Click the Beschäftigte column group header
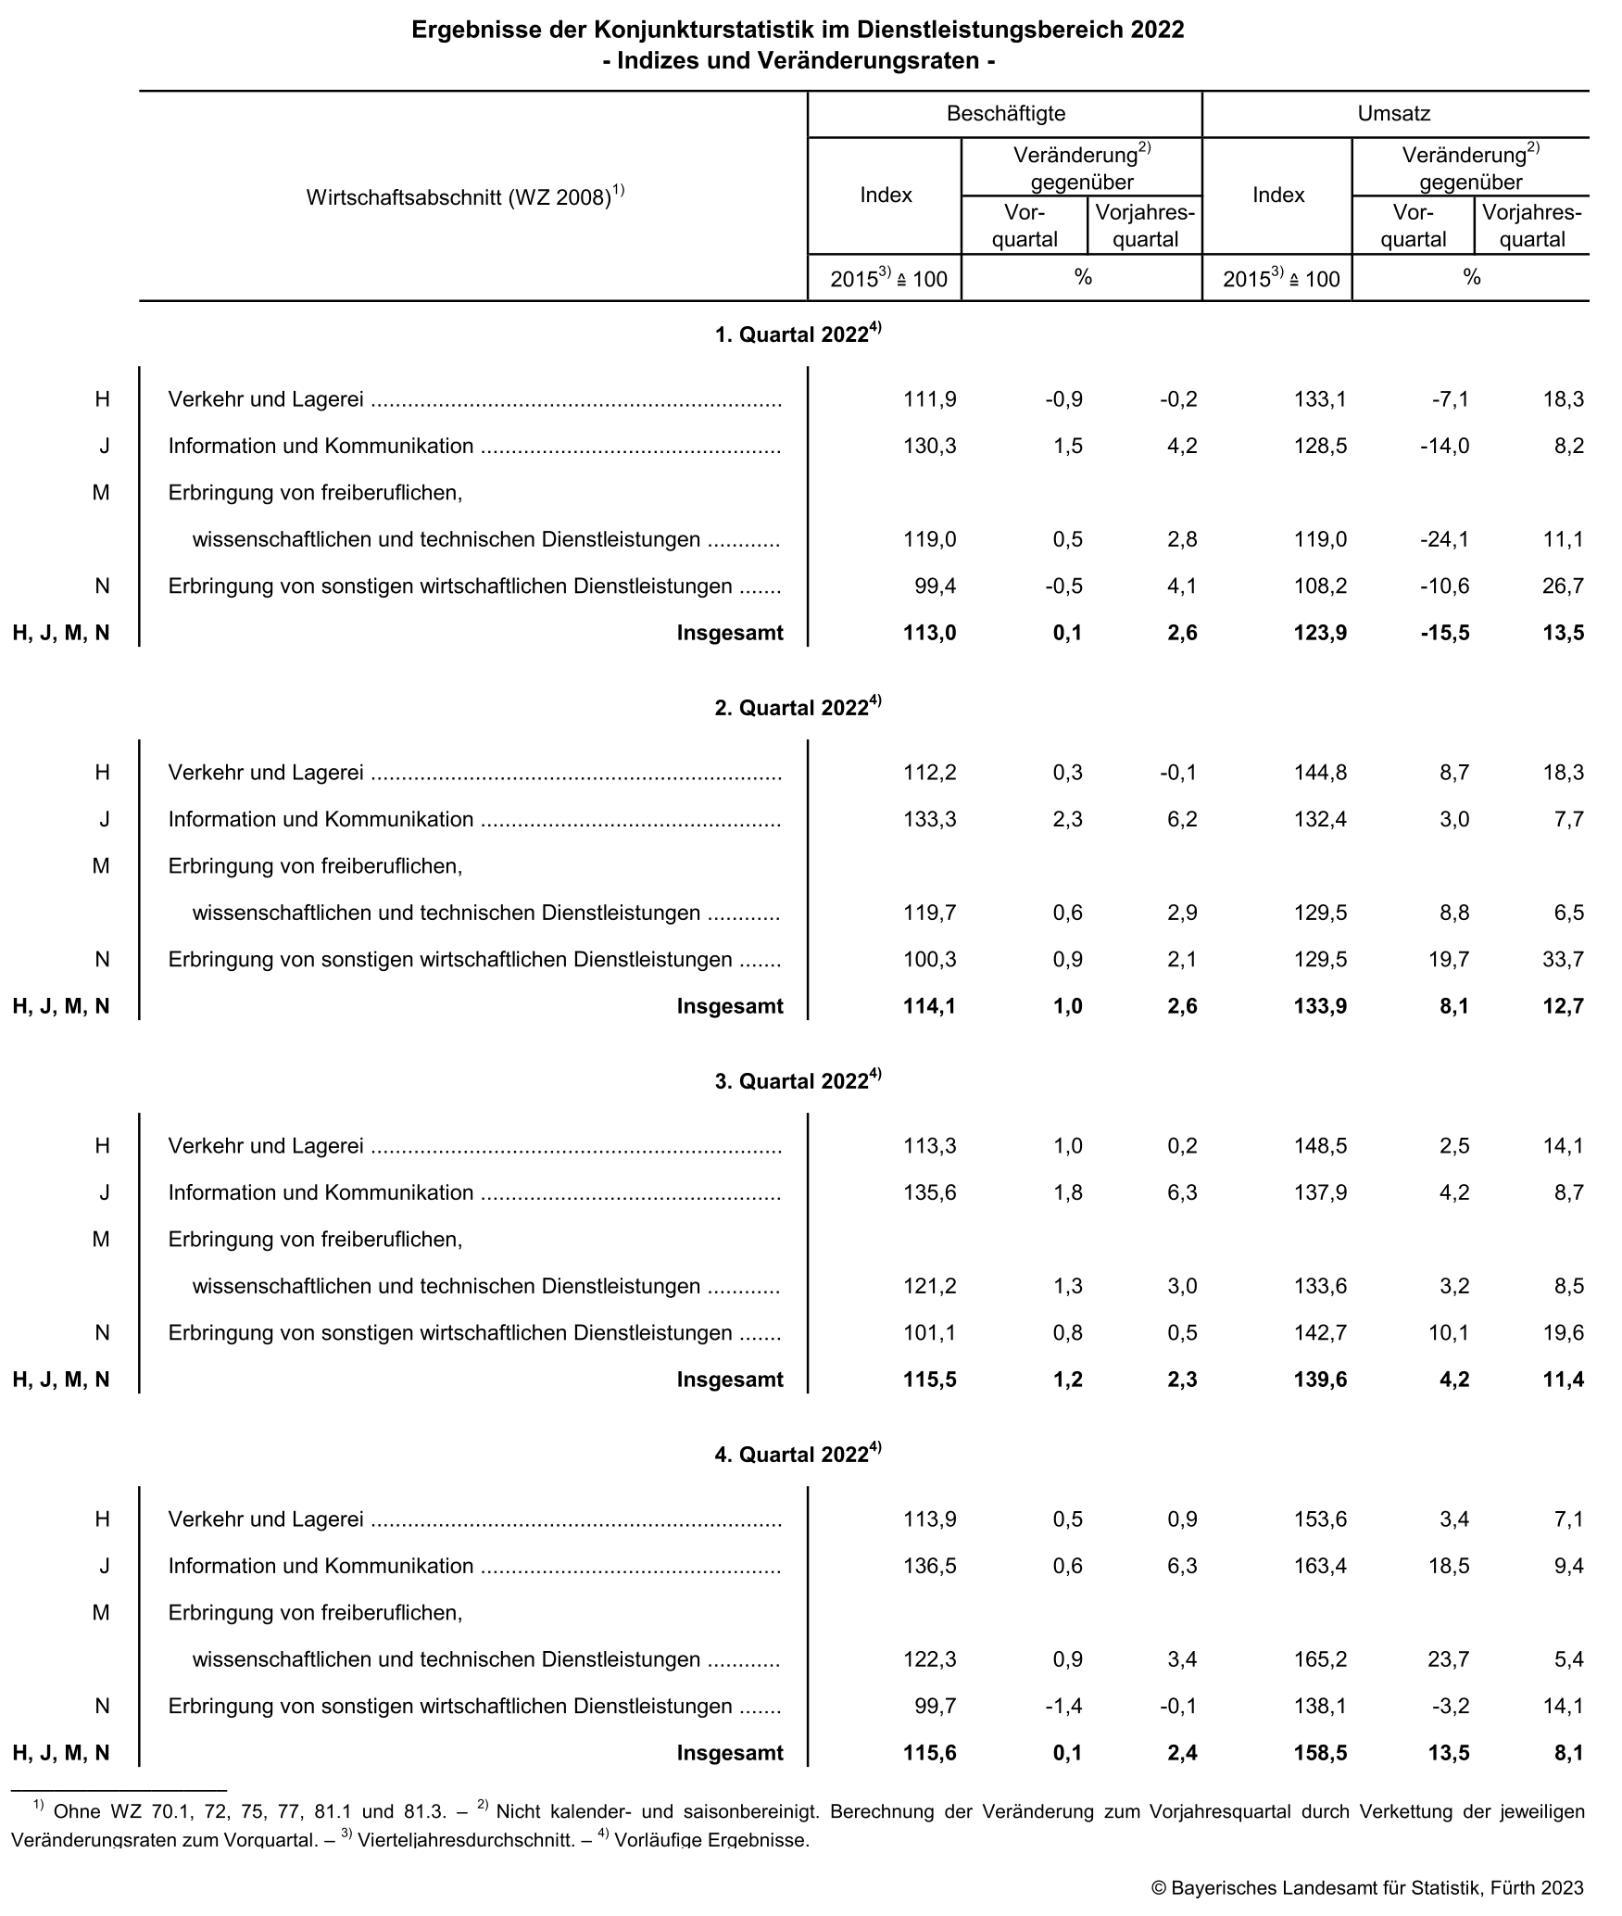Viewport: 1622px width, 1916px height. [x=1005, y=114]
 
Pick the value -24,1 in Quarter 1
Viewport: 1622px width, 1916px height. [x=1443, y=539]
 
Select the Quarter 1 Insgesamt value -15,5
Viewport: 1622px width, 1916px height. [x=1443, y=633]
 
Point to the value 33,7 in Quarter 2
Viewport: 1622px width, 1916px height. [x=1563, y=959]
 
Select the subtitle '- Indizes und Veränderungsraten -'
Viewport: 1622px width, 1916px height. [x=798, y=61]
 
